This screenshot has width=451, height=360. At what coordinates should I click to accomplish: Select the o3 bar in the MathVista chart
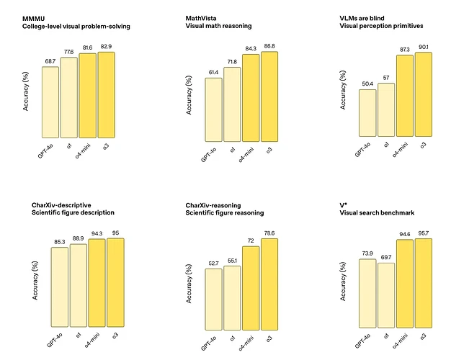(x=269, y=96)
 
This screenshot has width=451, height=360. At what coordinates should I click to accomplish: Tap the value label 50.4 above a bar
(x=366, y=84)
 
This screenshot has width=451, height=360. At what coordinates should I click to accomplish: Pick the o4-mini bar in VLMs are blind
(x=404, y=96)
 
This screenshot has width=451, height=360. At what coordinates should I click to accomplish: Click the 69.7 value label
(x=385, y=257)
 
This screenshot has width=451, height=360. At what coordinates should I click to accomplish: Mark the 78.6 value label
(x=269, y=233)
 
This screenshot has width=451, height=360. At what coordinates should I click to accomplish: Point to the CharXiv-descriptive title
(x=63, y=205)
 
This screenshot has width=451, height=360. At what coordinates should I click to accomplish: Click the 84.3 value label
(x=251, y=49)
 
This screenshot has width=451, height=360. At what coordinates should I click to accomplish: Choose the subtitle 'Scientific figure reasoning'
(x=224, y=213)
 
